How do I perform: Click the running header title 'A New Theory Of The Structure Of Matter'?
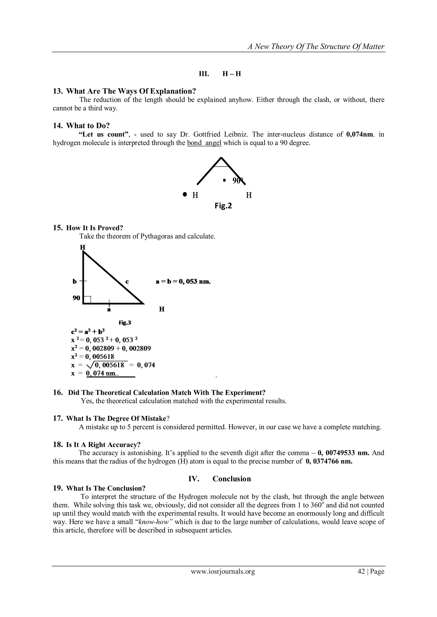(x=316, y=47)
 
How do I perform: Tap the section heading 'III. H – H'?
(x=220, y=74)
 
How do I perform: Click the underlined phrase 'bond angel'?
(x=204, y=143)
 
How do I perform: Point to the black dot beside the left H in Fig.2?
(x=185, y=194)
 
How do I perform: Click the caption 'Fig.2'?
(x=223, y=206)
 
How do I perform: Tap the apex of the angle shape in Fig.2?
(x=221, y=158)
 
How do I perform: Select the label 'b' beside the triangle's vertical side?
(x=74, y=282)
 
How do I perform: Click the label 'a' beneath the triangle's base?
(x=109, y=310)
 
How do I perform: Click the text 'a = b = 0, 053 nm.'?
(x=183, y=282)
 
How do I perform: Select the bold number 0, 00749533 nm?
(x=344, y=453)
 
